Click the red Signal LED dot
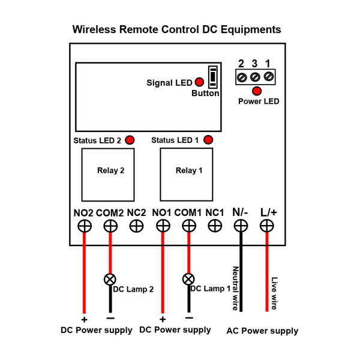[x=198, y=82]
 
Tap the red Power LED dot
[x=257, y=91]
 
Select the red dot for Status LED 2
[x=129, y=140]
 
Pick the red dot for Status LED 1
[x=208, y=140]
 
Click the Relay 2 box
[x=108, y=173]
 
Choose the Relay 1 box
[x=187, y=173]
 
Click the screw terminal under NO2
[x=84, y=226]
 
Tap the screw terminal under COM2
[x=110, y=226]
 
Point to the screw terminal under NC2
[x=136, y=226]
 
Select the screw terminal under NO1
[x=163, y=226]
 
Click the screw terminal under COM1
[x=188, y=226]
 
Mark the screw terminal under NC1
[x=214, y=226]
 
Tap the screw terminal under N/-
[x=241, y=226]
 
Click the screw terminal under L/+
[x=266, y=226]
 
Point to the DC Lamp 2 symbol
[x=110, y=279]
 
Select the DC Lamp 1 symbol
[x=188, y=279]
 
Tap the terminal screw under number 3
[x=255, y=76]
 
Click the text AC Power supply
[x=262, y=331]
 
